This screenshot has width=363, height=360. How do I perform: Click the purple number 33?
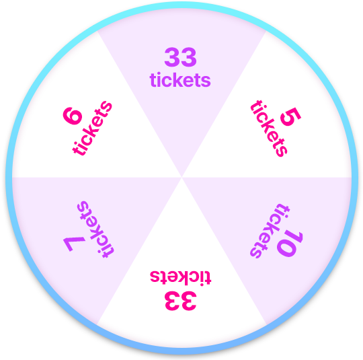click(x=180, y=57)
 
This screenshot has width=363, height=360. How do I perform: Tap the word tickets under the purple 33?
click(x=180, y=80)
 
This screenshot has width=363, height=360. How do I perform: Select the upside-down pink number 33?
click(x=181, y=301)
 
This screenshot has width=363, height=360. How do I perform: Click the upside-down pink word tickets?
click(x=181, y=278)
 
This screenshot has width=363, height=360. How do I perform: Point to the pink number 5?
click(x=290, y=116)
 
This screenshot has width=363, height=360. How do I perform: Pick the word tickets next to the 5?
click(x=269, y=129)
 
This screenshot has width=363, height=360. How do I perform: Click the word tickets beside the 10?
click(x=270, y=231)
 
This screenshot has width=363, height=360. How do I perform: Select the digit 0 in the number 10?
click(x=286, y=248)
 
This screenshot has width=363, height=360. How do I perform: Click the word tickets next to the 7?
click(x=95, y=229)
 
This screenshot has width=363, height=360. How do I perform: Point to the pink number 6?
click(x=73, y=116)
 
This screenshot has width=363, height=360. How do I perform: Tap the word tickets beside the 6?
click(x=92, y=129)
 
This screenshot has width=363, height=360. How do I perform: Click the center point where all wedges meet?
click(x=182, y=178)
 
